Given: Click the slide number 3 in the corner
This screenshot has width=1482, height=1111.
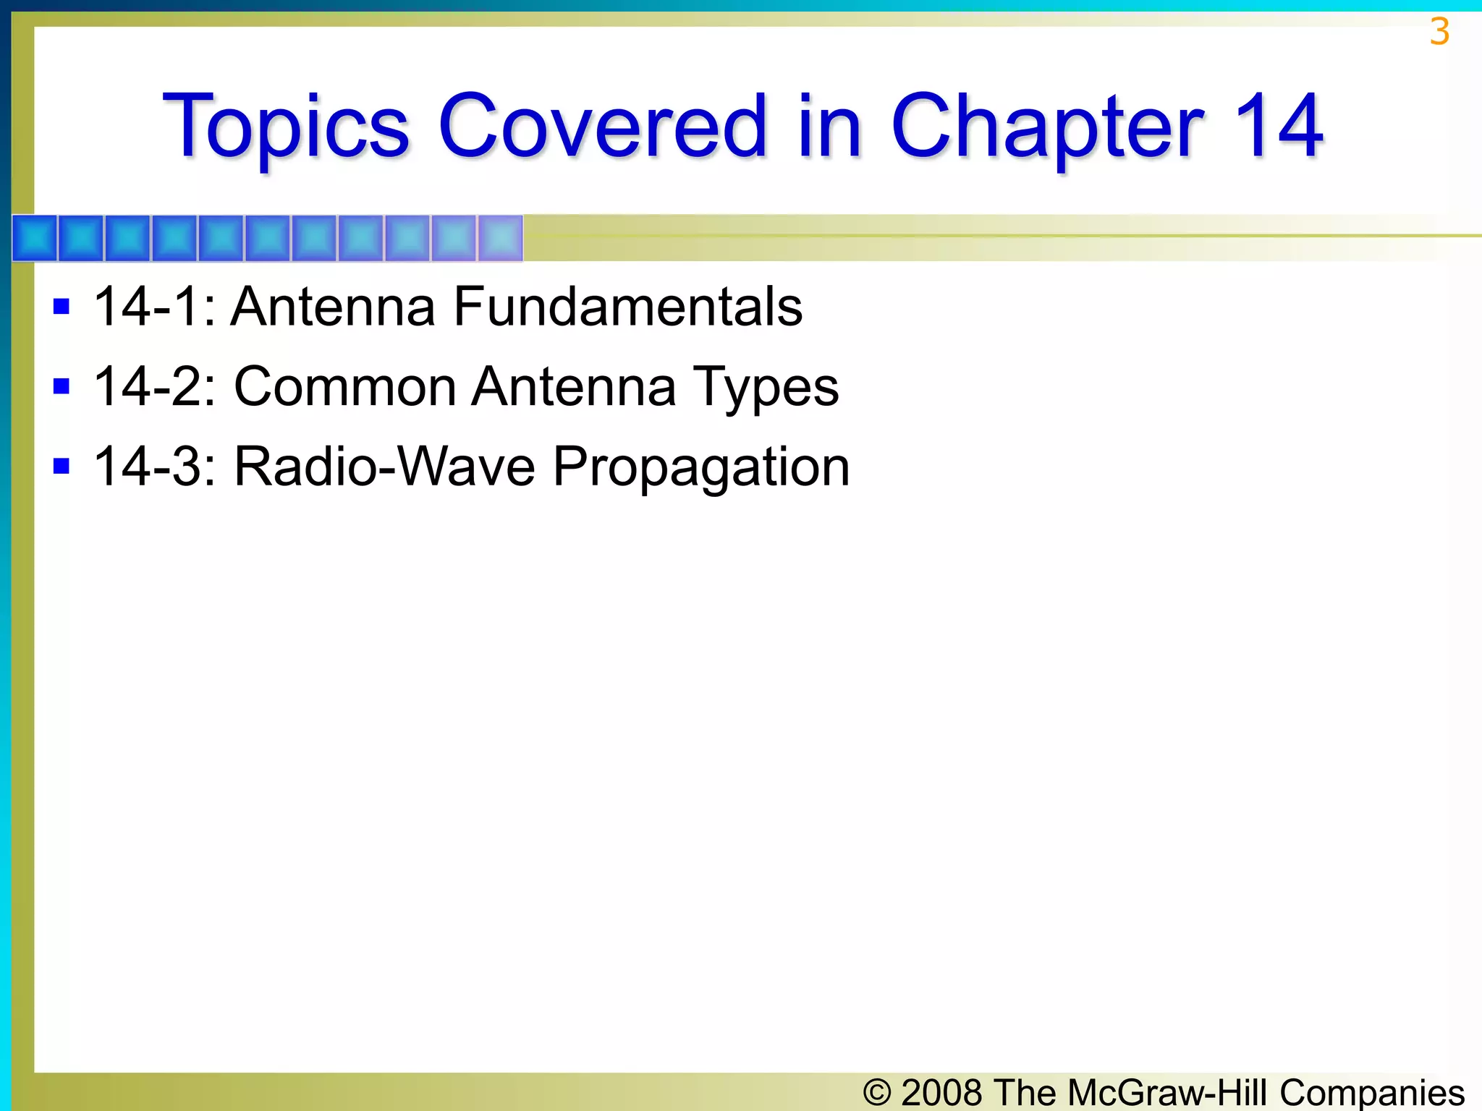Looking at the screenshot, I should pyautogui.click(x=1439, y=33).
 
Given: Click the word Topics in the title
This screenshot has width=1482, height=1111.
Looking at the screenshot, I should pyautogui.click(x=287, y=127).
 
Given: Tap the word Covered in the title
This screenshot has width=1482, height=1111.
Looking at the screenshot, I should pyautogui.click(x=601, y=126).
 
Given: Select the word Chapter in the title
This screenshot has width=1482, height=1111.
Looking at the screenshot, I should pyautogui.click(x=1047, y=127).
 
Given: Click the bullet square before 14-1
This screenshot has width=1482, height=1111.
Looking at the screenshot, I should pyautogui.click(x=62, y=307).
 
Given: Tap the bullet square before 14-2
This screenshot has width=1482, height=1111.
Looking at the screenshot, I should pyautogui.click(x=62, y=386).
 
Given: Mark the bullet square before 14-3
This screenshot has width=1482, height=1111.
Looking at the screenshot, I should pyautogui.click(x=62, y=466).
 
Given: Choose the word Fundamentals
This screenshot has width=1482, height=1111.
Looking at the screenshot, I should pyautogui.click(x=627, y=307).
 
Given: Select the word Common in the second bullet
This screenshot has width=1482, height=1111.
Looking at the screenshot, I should pyautogui.click(x=344, y=386).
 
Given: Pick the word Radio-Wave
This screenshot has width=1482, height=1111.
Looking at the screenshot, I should pyautogui.click(x=384, y=467).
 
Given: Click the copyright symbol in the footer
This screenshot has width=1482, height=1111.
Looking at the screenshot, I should pyautogui.click(x=877, y=1092).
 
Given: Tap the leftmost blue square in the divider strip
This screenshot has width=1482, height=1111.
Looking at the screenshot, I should pyautogui.click(x=35, y=238).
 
